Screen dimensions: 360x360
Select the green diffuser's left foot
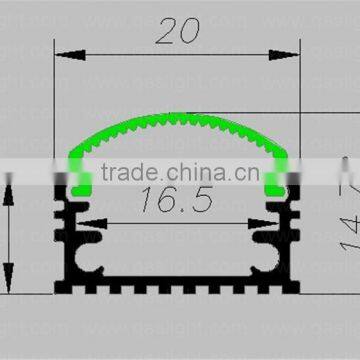click(79, 185)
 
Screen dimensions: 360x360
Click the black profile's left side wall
click(59, 240)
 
